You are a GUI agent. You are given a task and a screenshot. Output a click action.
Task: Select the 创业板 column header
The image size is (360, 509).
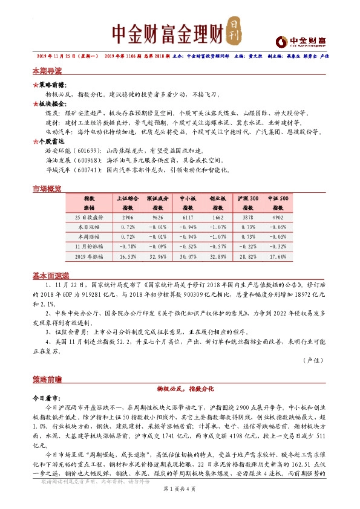(218, 199)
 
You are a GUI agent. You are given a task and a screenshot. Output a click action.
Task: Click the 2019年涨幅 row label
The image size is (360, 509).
(89, 256)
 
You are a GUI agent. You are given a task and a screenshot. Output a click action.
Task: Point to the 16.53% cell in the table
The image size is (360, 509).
(128, 256)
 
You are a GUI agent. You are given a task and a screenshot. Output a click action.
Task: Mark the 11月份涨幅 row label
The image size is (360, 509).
(89, 247)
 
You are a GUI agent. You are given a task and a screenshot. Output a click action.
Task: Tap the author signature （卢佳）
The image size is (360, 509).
(312, 360)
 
